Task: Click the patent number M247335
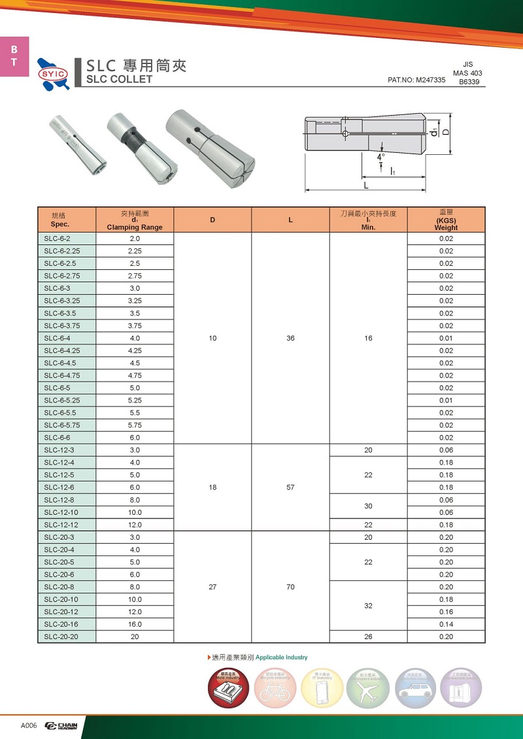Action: [x=416, y=80]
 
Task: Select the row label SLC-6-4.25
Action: [x=61, y=351]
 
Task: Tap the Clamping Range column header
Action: [x=135, y=220]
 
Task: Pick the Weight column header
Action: [x=446, y=220]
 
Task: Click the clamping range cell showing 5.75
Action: [x=135, y=425]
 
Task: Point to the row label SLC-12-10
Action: [x=61, y=512]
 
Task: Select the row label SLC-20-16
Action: [x=61, y=624]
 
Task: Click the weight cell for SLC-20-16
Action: [x=446, y=624]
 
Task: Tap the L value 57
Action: [x=290, y=487]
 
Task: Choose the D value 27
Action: [x=212, y=587]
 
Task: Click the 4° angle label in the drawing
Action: [x=380, y=157]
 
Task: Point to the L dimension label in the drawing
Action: [x=366, y=186]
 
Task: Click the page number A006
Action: [x=29, y=726]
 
